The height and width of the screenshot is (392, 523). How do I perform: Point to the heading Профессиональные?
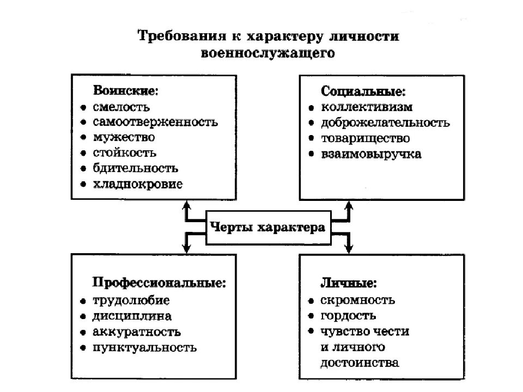point(159,283)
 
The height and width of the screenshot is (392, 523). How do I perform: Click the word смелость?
point(121,107)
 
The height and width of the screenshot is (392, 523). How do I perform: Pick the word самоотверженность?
point(155,122)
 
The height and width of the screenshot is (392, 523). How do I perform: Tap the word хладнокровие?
point(137,184)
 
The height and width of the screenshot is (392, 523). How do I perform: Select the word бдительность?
point(135,169)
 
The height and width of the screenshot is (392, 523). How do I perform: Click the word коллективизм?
point(367,107)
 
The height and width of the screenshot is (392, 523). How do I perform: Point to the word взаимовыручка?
point(371,154)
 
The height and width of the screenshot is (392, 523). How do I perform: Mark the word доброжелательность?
point(385,122)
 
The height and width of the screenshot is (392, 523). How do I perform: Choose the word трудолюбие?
point(131,300)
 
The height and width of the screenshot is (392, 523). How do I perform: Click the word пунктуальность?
point(144,347)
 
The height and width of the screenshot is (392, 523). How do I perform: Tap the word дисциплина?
point(132,316)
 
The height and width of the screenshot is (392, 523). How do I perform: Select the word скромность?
point(358,300)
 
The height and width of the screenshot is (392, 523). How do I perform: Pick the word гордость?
point(349,316)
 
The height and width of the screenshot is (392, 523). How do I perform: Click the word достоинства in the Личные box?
point(360,363)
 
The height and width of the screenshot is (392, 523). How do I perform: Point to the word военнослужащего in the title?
point(267,53)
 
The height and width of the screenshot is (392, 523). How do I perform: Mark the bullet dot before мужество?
point(83,138)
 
